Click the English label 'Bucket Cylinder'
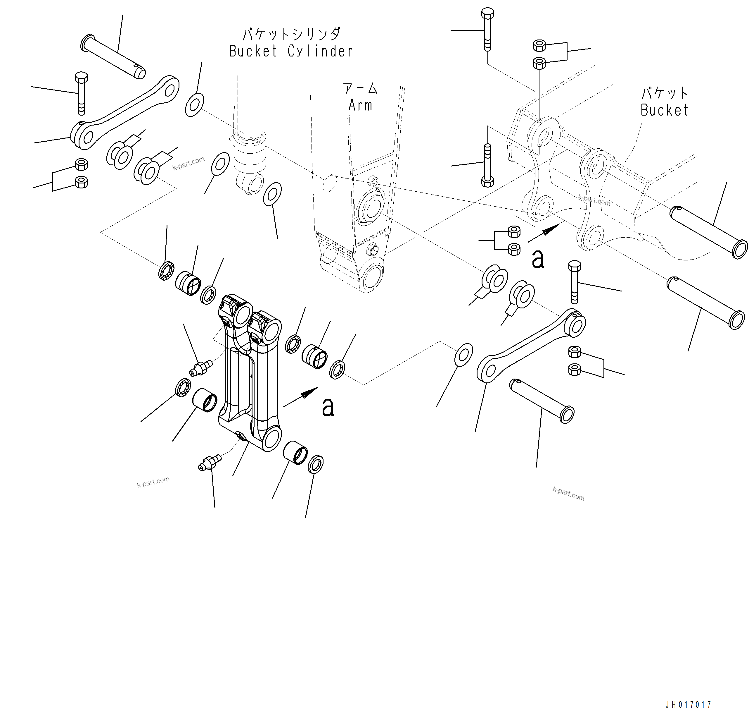point(290,51)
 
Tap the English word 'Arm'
point(360,105)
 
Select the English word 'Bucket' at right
point(664,111)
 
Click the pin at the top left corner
point(113,56)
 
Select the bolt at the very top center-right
point(487,30)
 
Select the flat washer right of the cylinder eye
point(272,194)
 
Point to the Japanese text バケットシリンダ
point(291,34)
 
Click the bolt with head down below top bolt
point(487,165)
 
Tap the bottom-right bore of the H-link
point(271,439)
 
